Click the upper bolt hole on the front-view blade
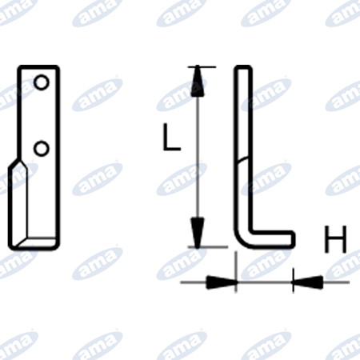click(x=42, y=82)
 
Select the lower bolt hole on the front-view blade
click(x=42, y=149)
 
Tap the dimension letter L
click(x=171, y=137)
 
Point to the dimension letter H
click(x=335, y=239)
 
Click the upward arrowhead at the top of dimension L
click(x=198, y=82)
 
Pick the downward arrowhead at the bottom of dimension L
click(x=198, y=233)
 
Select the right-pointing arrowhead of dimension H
click(x=222, y=282)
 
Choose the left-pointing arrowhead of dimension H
click(x=308, y=282)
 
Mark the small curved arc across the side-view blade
click(x=243, y=160)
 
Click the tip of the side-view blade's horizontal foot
click(x=294, y=238)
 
